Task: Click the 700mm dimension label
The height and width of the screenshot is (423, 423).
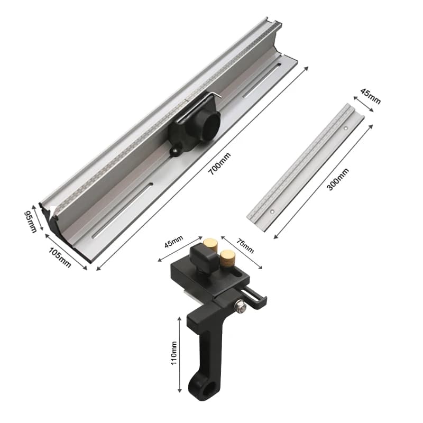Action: [220, 163]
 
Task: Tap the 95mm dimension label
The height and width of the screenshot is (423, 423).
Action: [30, 222]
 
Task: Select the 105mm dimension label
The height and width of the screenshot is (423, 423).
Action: [60, 258]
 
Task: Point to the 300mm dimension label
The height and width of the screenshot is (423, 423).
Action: [338, 179]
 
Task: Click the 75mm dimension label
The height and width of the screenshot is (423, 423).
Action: [245, 246]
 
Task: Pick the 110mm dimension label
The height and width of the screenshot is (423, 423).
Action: [174, 353]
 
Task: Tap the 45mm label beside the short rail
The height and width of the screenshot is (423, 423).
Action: [371, 96]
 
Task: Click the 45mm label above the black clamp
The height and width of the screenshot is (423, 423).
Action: [174, 242]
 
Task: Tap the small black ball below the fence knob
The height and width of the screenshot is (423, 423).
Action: [174, 151]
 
